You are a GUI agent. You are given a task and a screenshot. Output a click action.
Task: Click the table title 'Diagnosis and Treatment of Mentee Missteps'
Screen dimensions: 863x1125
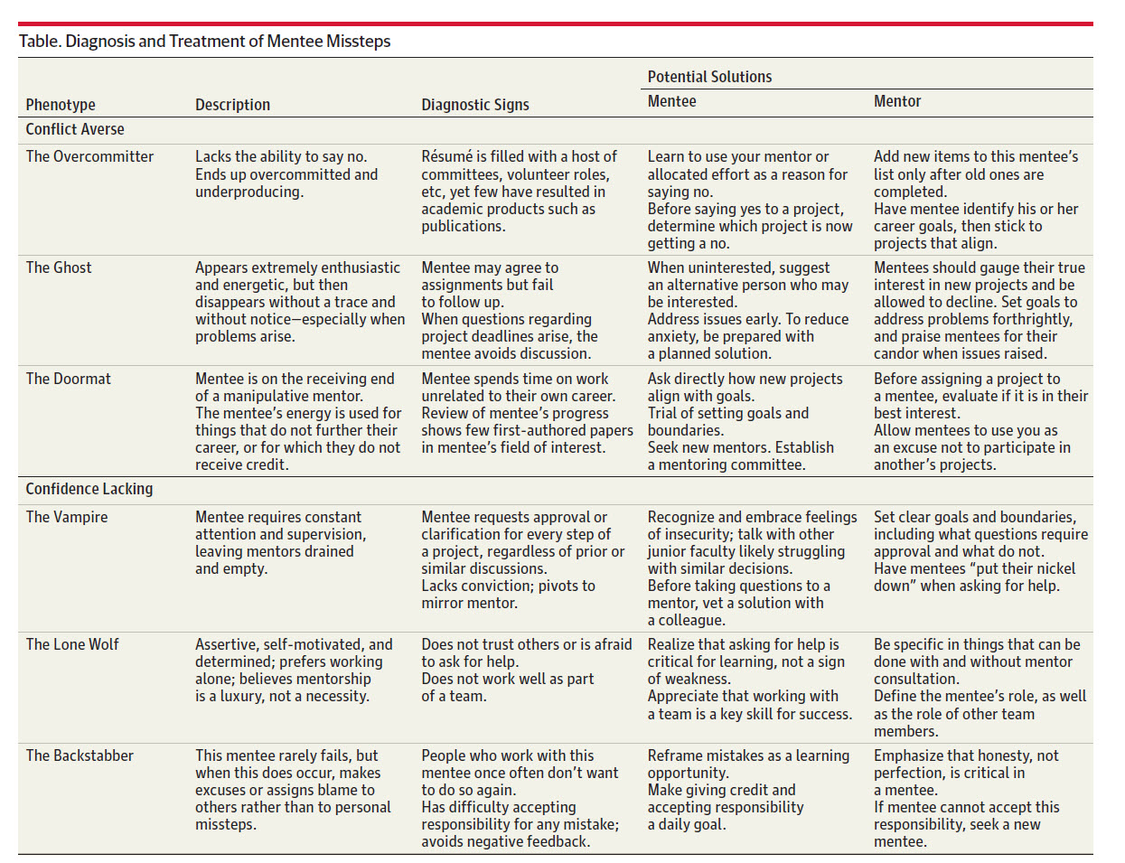[x=204, y=42]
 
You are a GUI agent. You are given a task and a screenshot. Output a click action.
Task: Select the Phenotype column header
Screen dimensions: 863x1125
[x=61, y=105]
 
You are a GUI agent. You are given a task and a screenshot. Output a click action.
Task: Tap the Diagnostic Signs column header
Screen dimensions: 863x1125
[x=475, y=105]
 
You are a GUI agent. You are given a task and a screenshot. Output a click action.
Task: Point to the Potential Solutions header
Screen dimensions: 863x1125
[x=709, y=77]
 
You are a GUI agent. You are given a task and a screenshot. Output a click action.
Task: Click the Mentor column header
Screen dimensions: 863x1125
[x=897, y=101]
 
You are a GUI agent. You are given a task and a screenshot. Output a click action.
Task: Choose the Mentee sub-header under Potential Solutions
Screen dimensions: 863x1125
[x=671, y=101]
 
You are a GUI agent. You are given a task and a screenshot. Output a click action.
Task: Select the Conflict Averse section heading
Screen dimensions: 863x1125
[x=75, y=129]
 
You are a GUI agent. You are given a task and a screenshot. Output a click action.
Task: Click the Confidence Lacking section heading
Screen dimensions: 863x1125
[x=89, y=489]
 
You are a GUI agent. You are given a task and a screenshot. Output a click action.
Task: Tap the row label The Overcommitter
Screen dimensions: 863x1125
[x=89, y=156]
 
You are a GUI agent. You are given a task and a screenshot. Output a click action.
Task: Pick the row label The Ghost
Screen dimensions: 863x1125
[x=59, y=267]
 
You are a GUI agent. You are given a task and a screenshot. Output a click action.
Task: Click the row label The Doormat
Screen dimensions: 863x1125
[x=69, y=379]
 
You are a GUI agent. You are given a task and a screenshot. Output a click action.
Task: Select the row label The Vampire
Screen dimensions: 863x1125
[x=67, y=517]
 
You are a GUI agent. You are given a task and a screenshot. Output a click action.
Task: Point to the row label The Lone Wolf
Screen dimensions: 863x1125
[x=72, y=644]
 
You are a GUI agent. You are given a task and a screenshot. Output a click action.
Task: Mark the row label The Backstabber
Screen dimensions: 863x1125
[x=80, y=755]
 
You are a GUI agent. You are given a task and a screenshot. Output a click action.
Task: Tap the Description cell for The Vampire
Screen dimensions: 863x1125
[x=280, y=542]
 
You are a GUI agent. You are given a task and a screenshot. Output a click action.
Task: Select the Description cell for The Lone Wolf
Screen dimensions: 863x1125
[x=294, y=670]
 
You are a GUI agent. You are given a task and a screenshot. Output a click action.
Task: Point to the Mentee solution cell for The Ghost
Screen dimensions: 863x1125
[x=748, y=310]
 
